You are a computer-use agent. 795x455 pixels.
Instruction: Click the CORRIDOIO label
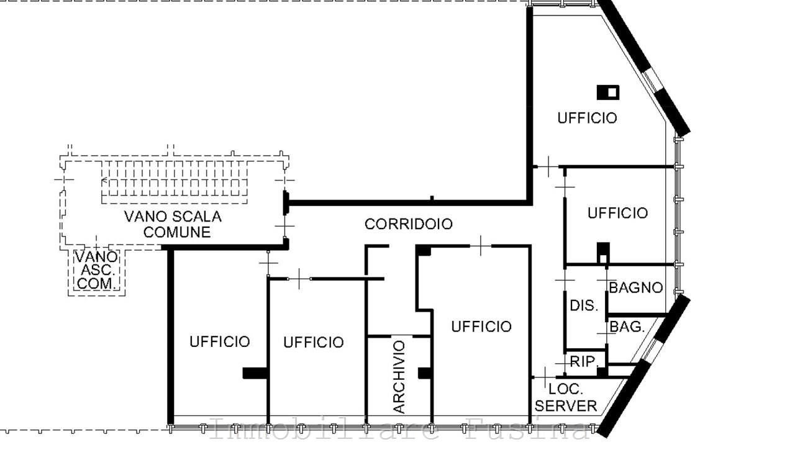point(408,224)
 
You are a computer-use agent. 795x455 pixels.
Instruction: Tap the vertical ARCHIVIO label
point(399,377)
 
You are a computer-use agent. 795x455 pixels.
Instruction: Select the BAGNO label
point(635,288)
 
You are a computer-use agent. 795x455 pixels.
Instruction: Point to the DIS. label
point(584,305)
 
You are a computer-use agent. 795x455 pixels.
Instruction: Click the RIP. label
point(584,362)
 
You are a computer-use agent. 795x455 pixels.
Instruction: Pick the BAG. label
point(627,327)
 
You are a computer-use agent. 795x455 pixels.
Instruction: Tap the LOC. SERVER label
point(566,398)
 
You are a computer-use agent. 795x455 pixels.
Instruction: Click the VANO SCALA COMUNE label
point(173,225)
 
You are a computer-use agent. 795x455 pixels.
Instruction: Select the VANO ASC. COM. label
point(96,270)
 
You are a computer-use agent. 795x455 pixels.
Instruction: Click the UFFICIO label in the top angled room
point(587,118)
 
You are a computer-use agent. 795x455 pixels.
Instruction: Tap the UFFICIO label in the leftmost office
point(220,341)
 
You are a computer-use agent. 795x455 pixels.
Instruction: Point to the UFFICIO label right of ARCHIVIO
point(481,327)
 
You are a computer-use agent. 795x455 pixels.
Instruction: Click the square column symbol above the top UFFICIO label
point(608,92)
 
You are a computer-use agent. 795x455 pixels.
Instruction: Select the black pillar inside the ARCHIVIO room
point(425,372)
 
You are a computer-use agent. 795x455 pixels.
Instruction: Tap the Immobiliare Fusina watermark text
point(397,430)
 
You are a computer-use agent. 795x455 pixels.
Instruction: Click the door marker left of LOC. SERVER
point(544,377)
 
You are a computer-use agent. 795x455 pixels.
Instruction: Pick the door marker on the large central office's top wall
point(481,246)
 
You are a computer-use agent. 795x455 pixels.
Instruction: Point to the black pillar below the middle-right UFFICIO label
point(602,252)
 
